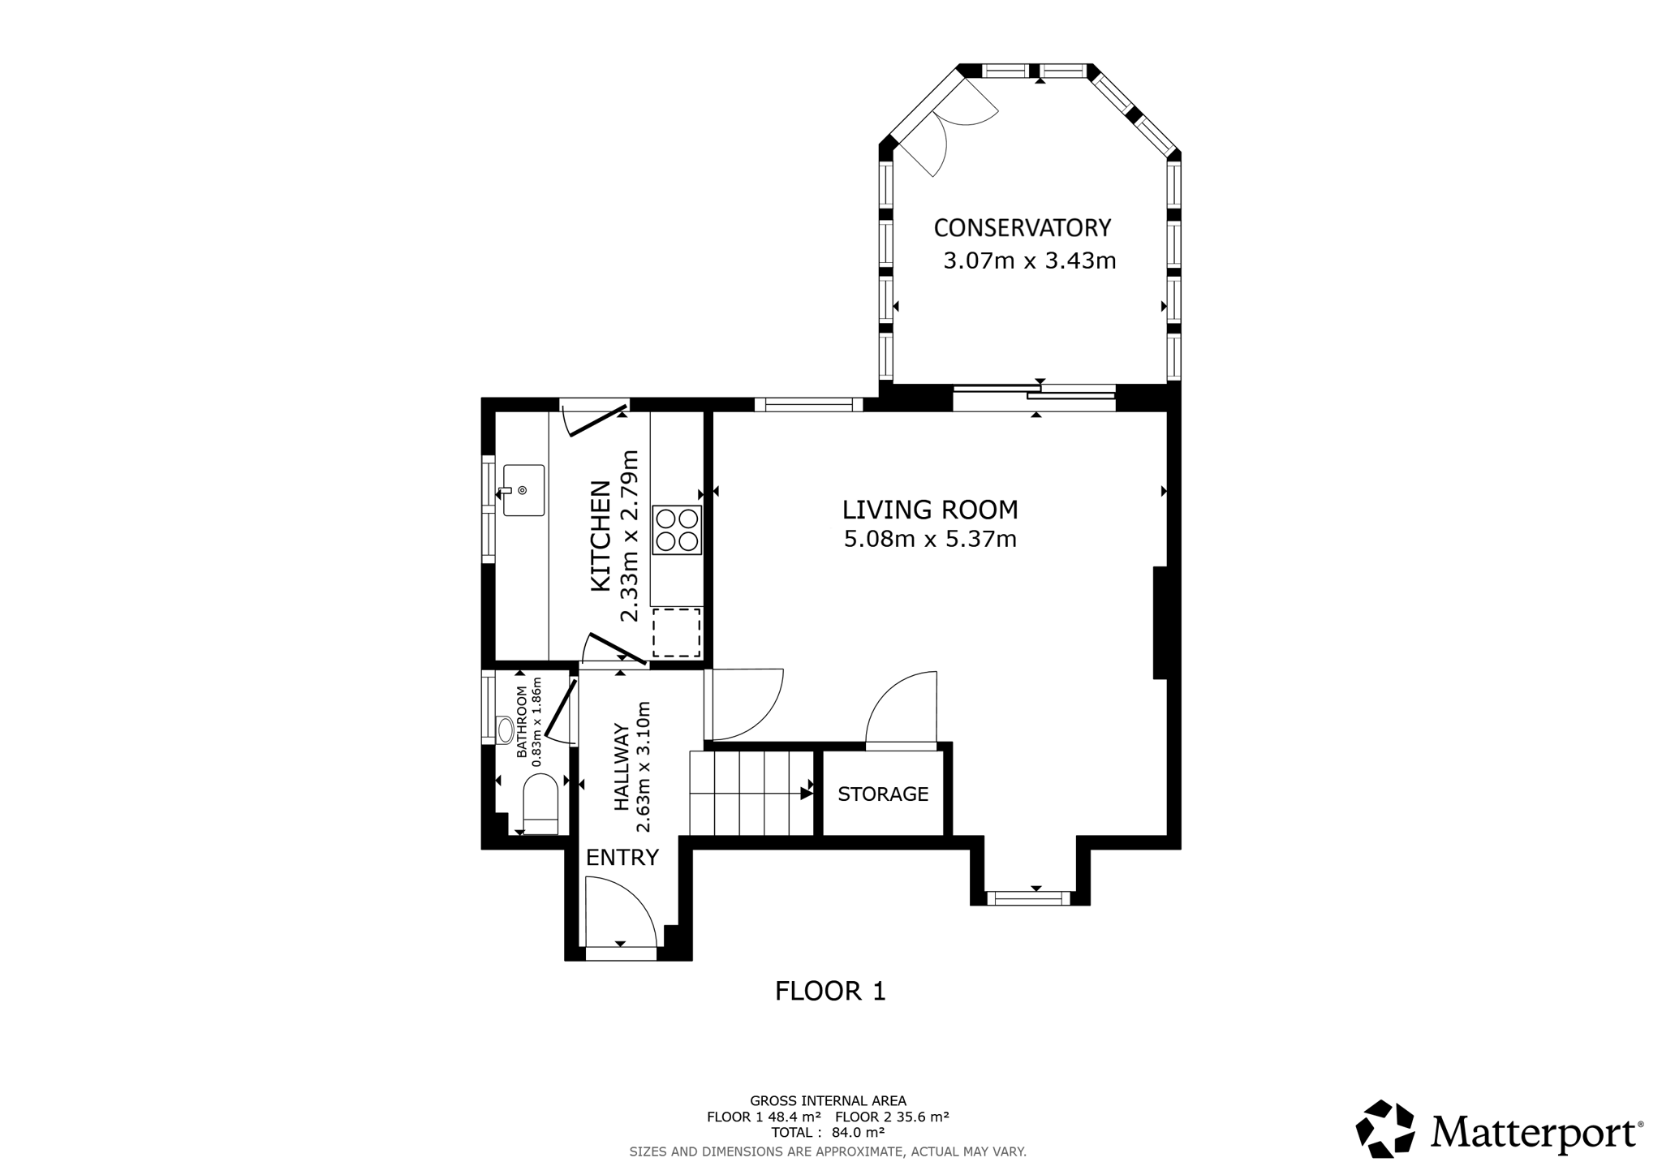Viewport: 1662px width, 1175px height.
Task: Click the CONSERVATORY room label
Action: point(1022,228)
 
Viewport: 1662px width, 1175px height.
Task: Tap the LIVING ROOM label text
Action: point(930,510)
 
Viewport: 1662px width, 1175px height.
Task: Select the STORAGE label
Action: point(883,794)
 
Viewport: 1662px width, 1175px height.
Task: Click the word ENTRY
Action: point(622,857)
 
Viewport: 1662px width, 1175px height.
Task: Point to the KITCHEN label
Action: point(601,536)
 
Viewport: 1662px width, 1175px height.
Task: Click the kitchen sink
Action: point(523,490)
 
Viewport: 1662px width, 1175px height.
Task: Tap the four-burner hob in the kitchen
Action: point(677,530)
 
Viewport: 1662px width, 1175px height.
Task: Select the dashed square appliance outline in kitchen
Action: point(677,633)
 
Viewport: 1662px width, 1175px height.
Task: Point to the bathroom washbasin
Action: point(505,730)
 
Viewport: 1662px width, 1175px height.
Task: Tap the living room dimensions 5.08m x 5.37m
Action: point(930,539)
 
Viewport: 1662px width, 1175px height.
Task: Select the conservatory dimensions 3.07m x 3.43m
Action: point(1030,260)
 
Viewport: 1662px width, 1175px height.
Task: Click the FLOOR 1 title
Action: point(830,991)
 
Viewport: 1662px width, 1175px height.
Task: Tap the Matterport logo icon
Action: point(1385,1129)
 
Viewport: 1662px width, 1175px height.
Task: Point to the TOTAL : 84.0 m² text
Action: point(828,1132)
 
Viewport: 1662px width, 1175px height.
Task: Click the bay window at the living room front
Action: point(1029,897)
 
